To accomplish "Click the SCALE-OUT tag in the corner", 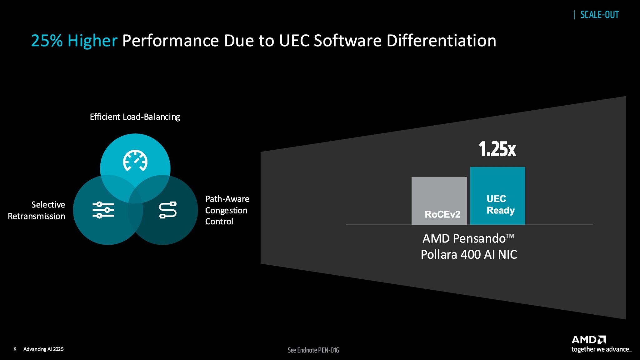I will [599, 15].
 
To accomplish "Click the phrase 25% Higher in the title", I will [74, 41].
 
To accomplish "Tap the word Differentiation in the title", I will [441, 41].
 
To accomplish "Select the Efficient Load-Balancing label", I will [135, 117].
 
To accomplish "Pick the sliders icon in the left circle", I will [103, 210].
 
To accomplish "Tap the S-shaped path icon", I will [168, 210].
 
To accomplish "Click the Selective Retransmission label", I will [37, 210].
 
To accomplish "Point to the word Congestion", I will [226, 210].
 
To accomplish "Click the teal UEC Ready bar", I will [497, 196].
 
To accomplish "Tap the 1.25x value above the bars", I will [497, 149].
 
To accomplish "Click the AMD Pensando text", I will [468, 238].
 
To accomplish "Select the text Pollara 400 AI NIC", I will [469, 254].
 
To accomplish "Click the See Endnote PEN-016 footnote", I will [313, 350].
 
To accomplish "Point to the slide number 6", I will [15, 349].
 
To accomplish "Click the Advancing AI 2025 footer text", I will [43, 349].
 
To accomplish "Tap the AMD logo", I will [588, 340].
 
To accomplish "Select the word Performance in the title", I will [171, 41].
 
